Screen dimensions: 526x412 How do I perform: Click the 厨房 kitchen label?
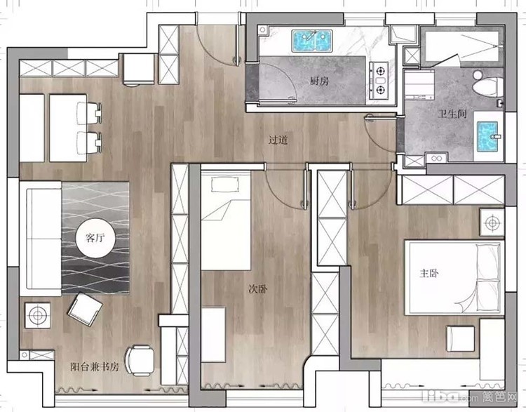point(319,81)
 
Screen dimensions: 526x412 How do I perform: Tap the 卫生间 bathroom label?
point(452,114)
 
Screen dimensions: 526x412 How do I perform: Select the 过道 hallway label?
point(278,140)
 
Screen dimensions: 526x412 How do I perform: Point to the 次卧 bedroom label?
point(257,288)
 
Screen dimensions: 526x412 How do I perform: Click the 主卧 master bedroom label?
point(429,273)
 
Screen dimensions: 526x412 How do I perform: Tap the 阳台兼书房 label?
point(95,366)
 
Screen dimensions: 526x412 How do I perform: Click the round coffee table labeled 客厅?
point(95,238)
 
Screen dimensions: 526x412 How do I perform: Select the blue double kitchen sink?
point(312,41)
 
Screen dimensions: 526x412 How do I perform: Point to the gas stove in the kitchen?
point(379,81)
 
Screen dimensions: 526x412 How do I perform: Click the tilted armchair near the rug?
point(85,310)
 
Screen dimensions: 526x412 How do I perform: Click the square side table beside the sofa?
point(37,315)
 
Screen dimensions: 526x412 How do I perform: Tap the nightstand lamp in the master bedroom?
point(492,222)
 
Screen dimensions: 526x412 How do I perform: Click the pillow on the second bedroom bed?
point(224,184)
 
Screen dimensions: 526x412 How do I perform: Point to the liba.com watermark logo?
point(470,397)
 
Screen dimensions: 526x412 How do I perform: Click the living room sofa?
point(41,239)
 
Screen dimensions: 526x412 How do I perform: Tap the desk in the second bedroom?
point(213,334)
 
